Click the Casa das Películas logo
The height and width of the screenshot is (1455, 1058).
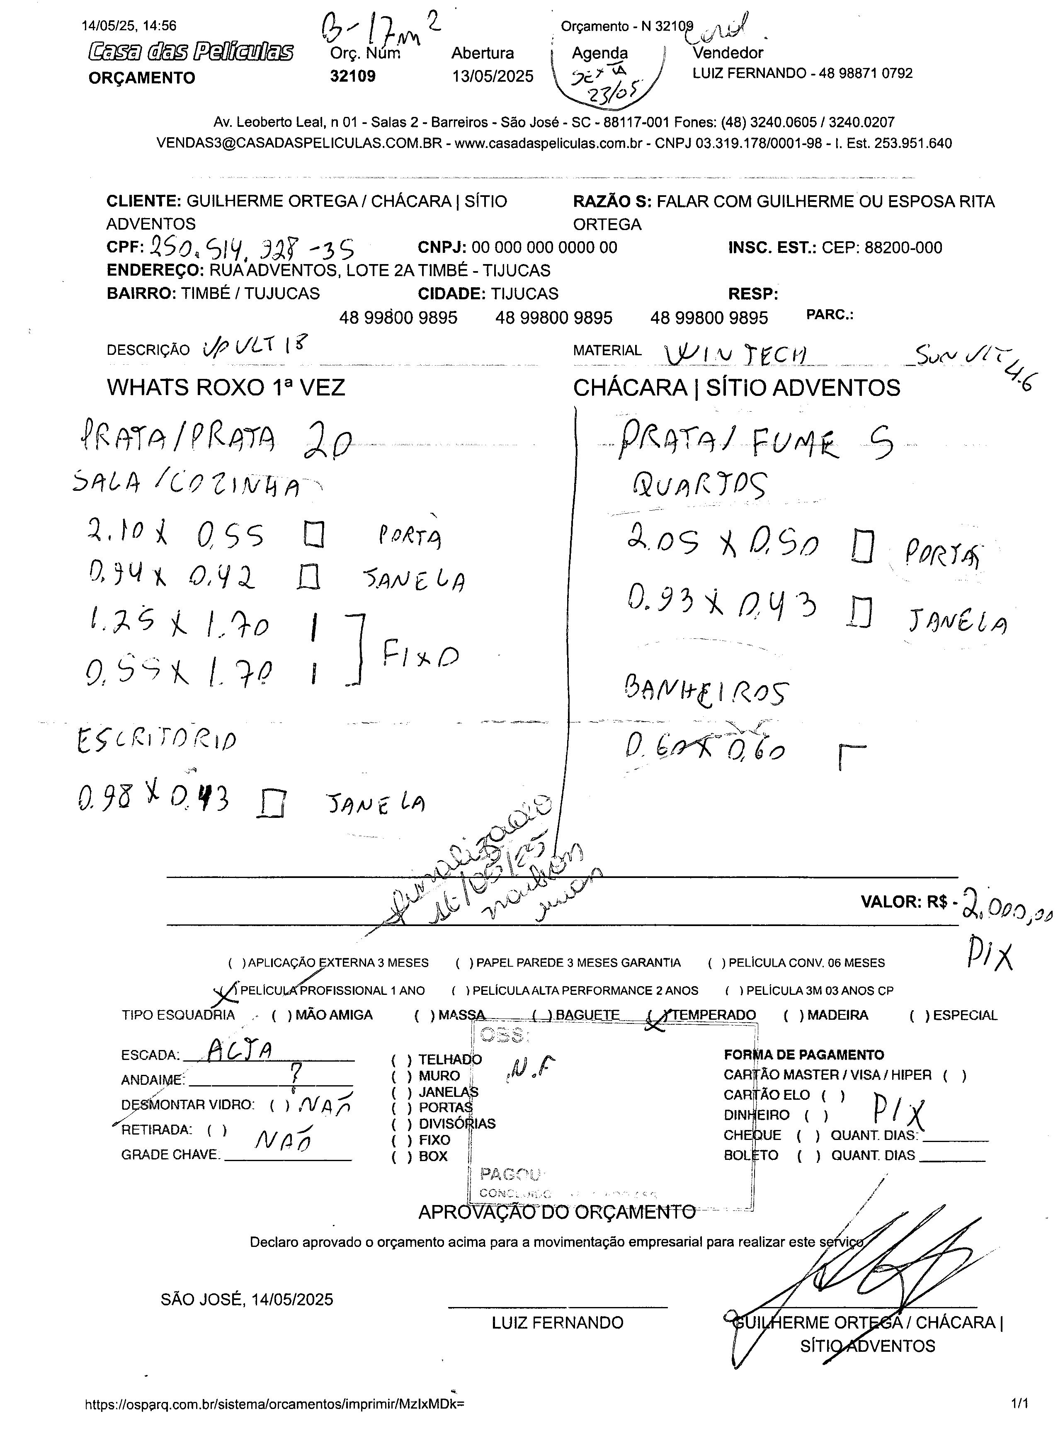191,52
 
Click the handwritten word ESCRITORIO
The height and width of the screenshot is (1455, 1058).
157,741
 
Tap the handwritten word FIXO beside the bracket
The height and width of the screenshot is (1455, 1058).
421,656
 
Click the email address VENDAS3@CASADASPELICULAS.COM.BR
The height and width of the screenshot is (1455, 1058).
300,143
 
